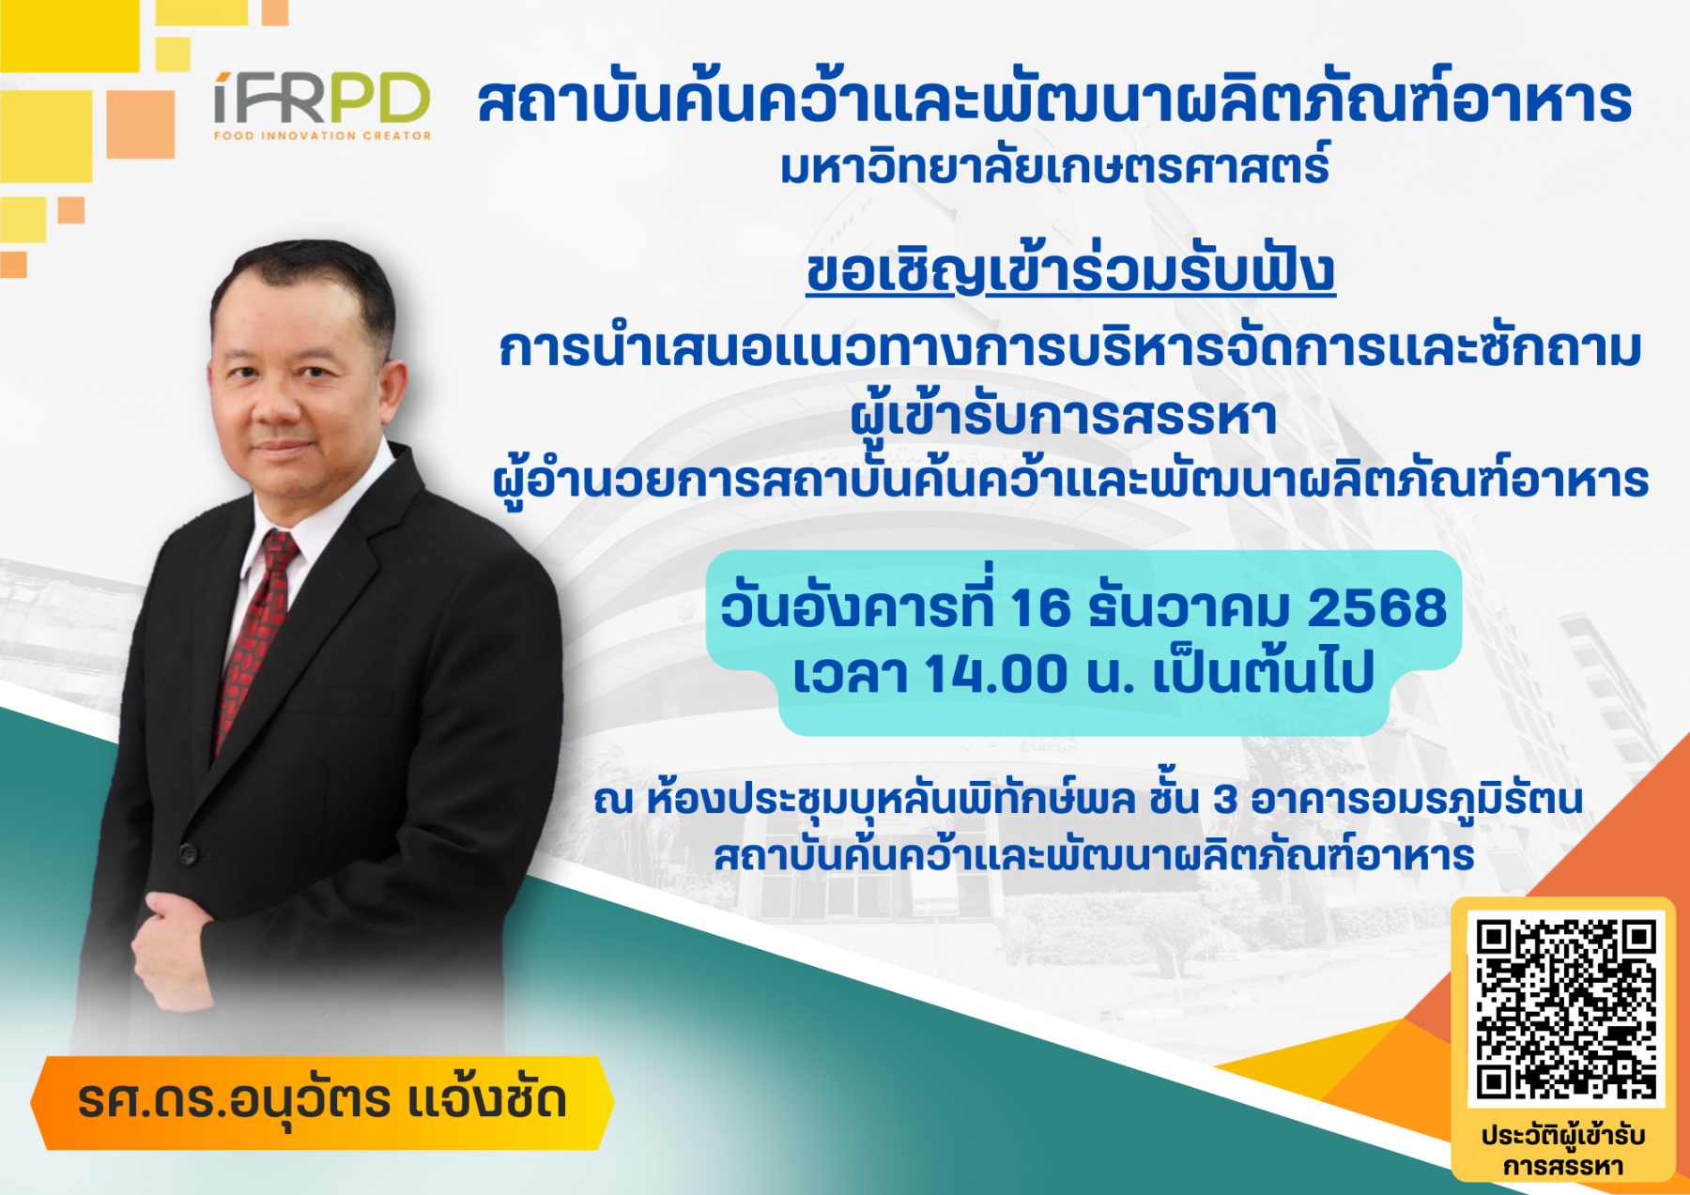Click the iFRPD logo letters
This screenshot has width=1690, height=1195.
[322, 98]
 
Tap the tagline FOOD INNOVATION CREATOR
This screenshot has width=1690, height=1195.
[322, 136]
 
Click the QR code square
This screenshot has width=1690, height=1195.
[1565, 1009]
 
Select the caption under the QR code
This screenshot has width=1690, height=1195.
[1563, 1151]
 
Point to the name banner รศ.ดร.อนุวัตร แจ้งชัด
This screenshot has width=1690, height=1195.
[322, 1102]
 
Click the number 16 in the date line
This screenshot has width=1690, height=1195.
[1040, 608]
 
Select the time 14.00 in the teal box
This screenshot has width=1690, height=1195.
[996, 674]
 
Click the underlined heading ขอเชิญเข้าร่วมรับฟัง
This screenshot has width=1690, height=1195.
[1070, 271]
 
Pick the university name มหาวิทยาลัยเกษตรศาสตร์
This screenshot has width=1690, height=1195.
[1055, 166]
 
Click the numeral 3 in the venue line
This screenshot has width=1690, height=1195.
[1225, 800]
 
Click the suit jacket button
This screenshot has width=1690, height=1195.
[188, 853]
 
